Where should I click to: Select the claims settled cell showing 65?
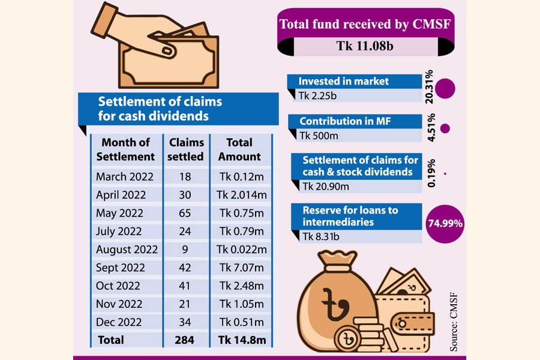[187, 213]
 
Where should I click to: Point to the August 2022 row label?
[127, 250]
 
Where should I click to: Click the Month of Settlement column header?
[125, 149]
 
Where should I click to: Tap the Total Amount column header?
[239, 149]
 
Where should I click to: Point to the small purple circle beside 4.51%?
[445, 128]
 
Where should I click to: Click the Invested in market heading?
[344, 81]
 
